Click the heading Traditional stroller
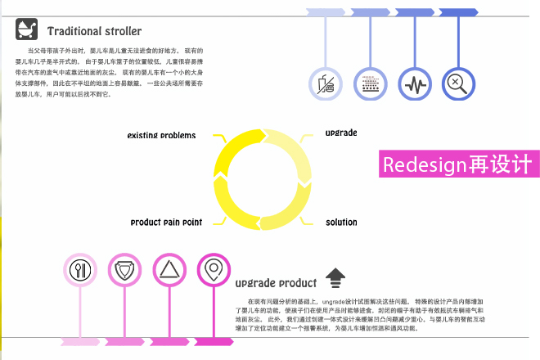click(94, 32)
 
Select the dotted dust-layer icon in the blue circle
click(371, 83)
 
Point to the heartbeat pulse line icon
click(415, 83)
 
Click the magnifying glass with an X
click(458, 83)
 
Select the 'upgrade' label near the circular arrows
click(341, 133)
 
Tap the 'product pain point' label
click(166, 222)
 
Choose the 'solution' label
click(341, 222)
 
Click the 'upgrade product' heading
click(275, 284)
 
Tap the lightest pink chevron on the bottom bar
click(81, 340)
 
